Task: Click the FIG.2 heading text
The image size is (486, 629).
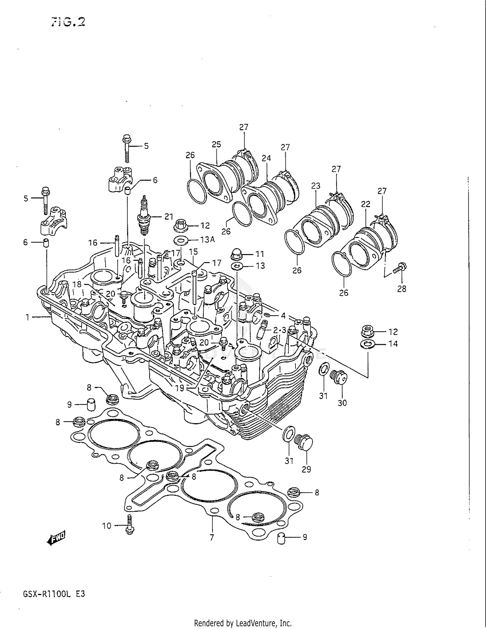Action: (x=68, y=22)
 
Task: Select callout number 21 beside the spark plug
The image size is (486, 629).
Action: (x=169, y=216)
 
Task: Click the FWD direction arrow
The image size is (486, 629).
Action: (x=56, y=538)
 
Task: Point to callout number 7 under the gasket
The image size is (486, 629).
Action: (x=212, y=538)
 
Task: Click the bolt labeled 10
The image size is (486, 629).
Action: (x=130, y=525)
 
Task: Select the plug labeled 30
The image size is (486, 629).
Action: (x=339, y=378)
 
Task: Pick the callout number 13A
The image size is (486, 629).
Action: (x=207, y=239)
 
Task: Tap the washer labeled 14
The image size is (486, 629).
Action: (x=367, y=344)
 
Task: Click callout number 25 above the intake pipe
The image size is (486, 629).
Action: (x=216, y=144)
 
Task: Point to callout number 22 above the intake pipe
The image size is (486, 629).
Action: (x=365, y=204)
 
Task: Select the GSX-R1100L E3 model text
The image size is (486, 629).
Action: (x=54, y=594)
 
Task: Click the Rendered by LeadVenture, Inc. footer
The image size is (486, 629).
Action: (x=243, y=623)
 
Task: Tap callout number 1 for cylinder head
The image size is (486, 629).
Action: (x=28, y=317)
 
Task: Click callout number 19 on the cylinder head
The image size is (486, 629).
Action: (x=179, y=388)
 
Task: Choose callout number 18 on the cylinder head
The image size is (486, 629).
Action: (x=77, y=284)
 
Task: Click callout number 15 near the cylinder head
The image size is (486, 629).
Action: (x=193, y=251)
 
